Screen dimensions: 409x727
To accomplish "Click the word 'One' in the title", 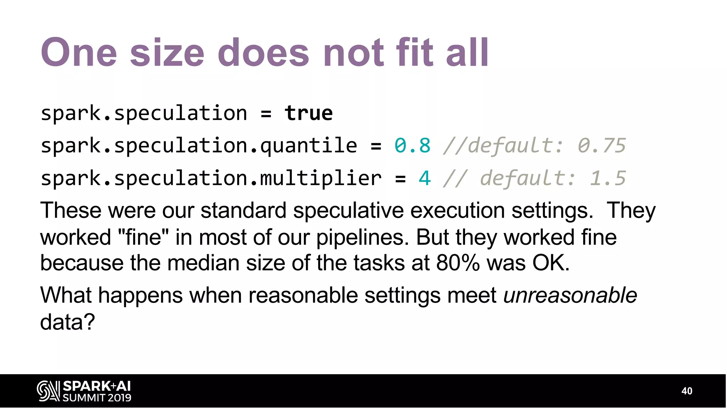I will coord(79,53).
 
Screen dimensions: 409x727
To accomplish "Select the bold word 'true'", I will coord(308,113).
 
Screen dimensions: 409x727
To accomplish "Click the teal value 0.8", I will coord(412,146).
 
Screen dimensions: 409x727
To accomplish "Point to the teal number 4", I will coord(425,178).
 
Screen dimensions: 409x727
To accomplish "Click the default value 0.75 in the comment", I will coord(601,146).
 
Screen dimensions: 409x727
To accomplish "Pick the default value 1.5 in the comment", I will coord(607,178).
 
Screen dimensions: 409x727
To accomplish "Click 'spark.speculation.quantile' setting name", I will coord(199,146).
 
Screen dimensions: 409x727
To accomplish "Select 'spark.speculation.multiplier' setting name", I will coord(211,178).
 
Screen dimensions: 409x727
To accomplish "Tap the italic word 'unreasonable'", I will coord(570,295).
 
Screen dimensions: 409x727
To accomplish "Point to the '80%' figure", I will coord(458,263).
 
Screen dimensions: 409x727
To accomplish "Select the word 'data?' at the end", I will coord(67,322).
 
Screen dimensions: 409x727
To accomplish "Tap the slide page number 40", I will coord(687,391).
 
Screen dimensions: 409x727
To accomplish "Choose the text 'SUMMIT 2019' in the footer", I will coord(97,398).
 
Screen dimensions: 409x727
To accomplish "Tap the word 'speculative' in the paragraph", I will coord(348,210).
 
